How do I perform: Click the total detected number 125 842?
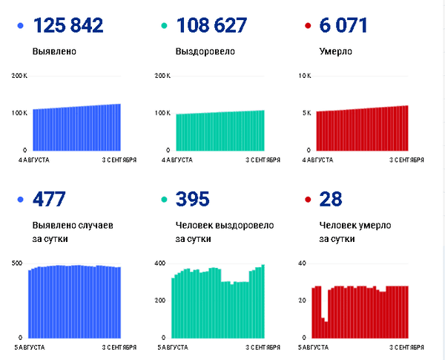[x=68, y=25]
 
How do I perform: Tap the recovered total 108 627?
[x=211, y=25]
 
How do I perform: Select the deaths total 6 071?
[x=343, y=25]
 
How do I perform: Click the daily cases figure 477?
[x=49, y=199]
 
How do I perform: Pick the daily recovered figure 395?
[x=192, y=199]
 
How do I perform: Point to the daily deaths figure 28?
[x=331, y=199]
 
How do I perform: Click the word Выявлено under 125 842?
[x=54, y=51]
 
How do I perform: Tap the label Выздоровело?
[x=205, y=51]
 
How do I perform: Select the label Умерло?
[x=336, y=51]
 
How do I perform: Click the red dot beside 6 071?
[x=308, y=26]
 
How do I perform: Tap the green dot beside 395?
[x=164, y=200]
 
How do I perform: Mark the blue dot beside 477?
[x=21, y=200]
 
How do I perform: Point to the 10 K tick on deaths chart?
[x=305, y=76]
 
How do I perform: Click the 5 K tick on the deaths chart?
[x=307, y=113]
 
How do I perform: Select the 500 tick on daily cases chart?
[x=17, y=263]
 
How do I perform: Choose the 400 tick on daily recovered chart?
[x=160, y=263]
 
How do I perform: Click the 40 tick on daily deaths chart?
[x=303, y=263]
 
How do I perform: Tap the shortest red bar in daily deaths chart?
[x=326, y=330]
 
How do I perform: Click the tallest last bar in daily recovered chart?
[x=263, y=301]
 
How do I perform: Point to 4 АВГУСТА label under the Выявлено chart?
[x=34, y=160]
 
